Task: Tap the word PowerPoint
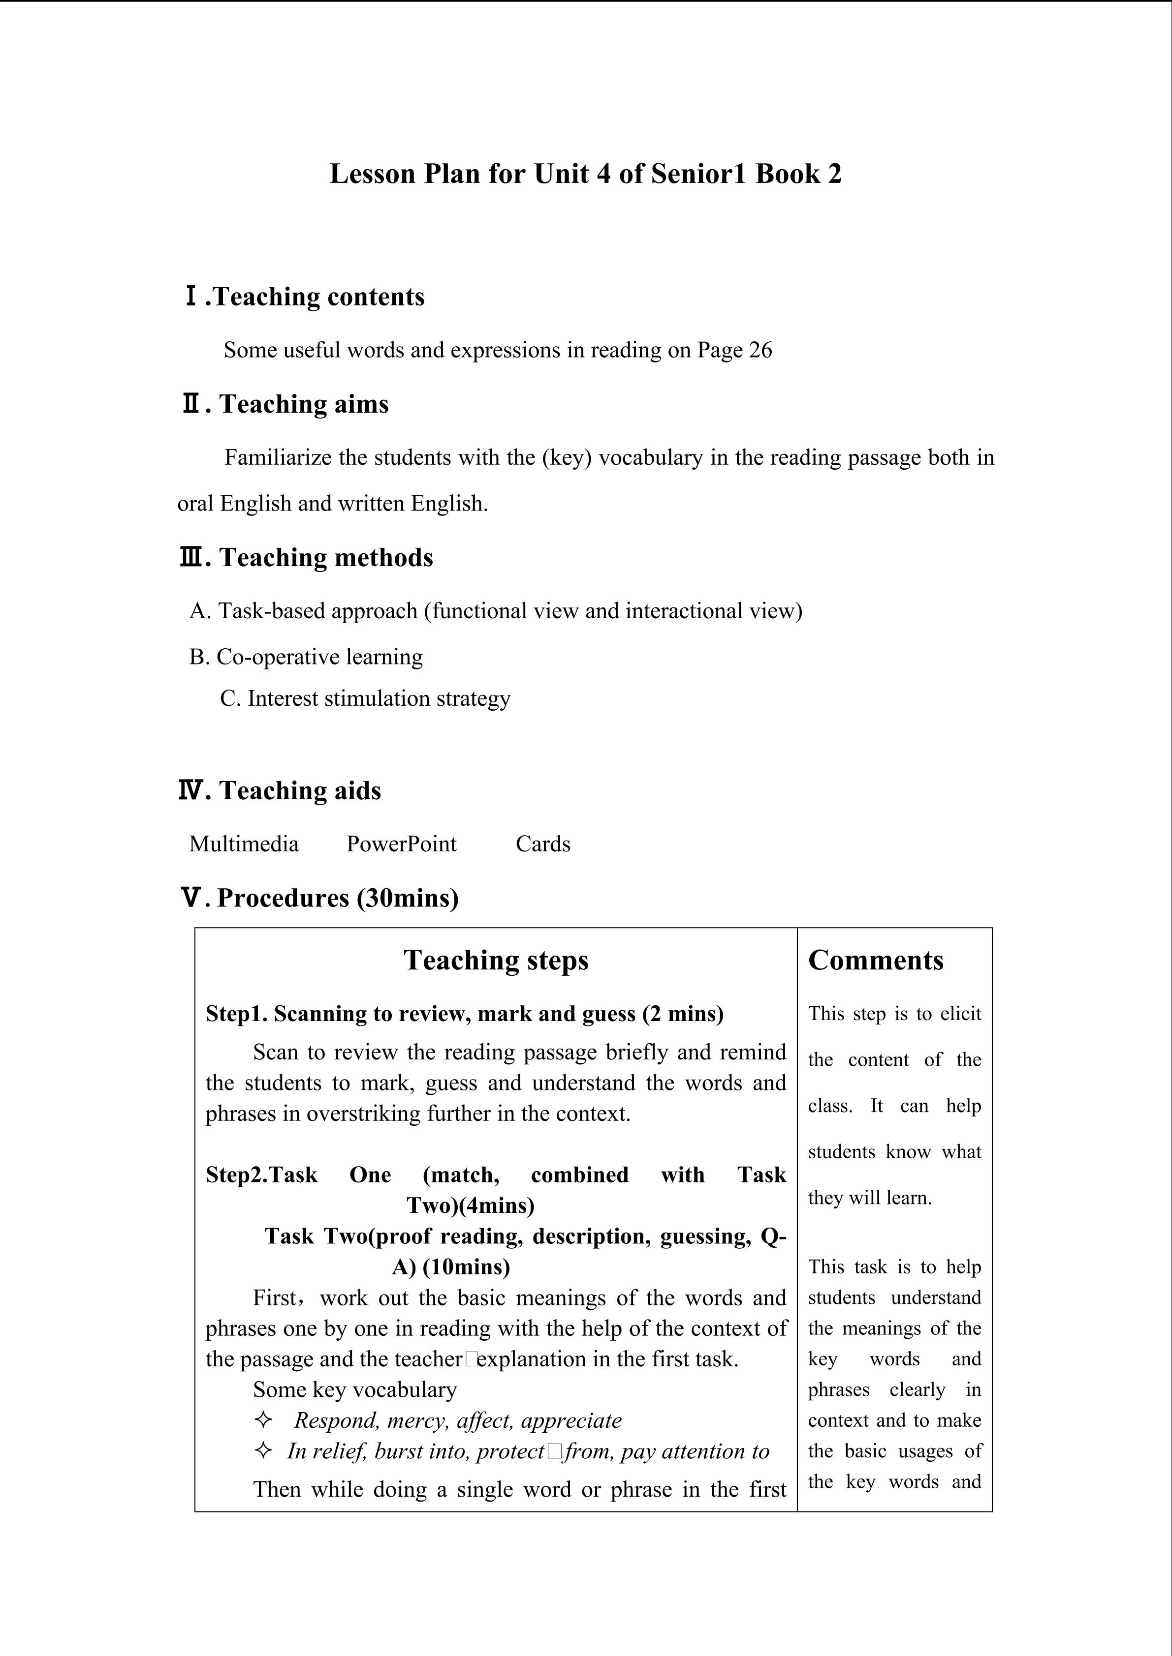(401, 844)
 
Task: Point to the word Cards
(543, 844)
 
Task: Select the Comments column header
(875, 961)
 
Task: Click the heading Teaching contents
(319, 297)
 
